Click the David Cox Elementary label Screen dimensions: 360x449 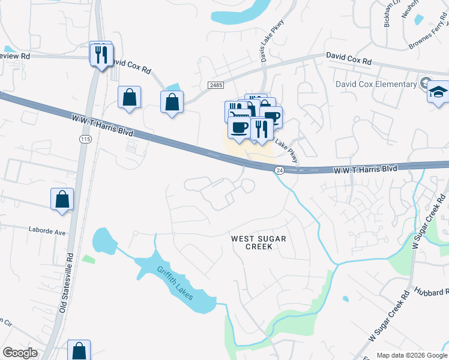click(x=376, y=85)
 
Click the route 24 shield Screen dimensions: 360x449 click(x=279, y=171)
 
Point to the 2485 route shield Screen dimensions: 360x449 click(x=216, y=86)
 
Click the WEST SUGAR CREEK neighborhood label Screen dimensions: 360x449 click(x=259, y=243)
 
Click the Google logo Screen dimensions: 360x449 click(x=20, y=353)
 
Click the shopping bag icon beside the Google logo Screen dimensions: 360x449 click(x=79, y=351)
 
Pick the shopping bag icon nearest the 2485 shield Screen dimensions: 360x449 click(x=172, y=102)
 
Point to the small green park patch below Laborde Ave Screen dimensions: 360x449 click(x=88, y=259)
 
